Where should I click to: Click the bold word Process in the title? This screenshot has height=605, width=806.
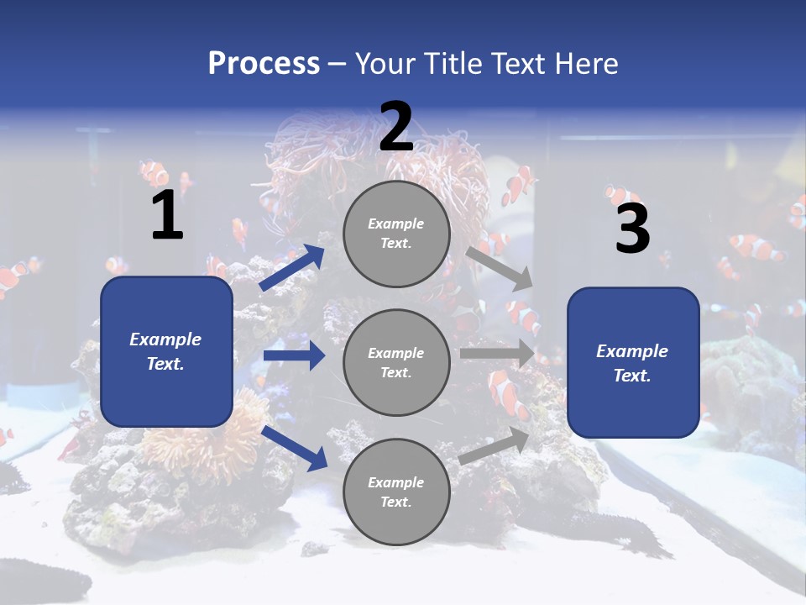(x=264, y=64)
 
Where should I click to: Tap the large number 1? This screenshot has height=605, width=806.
(x=167, y=216)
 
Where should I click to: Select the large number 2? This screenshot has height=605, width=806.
(x=396, y=127)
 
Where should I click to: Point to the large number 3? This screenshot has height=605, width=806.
(x=632, y=229)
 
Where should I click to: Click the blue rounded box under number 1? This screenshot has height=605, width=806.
(x=166, y=351)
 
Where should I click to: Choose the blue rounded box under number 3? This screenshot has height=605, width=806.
(x=633, y=362)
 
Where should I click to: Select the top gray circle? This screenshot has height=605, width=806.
(x=396, y=234)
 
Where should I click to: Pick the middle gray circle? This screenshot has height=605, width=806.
(x=396, y=362)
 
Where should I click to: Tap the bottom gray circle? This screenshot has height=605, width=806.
(x=396, y=492)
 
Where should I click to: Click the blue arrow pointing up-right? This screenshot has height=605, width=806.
(x=292, y=268)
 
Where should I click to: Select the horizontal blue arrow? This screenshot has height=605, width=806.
(x=294, y=355)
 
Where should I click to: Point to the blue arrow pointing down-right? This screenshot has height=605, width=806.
(x=295, y=448)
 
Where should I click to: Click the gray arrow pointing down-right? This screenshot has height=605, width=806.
(x=500, y=268)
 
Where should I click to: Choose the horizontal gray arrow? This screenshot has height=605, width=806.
(x=497, y=354)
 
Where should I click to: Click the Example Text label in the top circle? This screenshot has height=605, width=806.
(x=396, y=234)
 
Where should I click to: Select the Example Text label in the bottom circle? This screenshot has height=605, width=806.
(x=396, y=492)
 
